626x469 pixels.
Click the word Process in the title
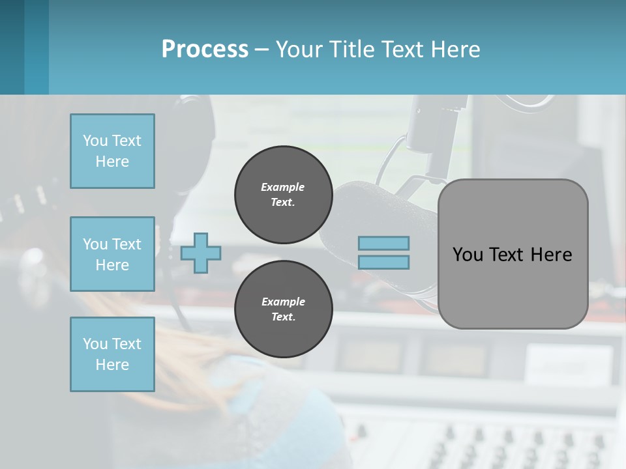coord(205,49)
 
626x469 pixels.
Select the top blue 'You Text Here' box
coord(112,151)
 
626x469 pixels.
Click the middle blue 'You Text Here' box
coord(112,254)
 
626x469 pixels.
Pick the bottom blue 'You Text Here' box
coord(112,354)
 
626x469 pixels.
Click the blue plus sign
coord(201,253)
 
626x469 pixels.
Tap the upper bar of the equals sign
coord(383,243)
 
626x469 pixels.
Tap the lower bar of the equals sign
coord(383,262)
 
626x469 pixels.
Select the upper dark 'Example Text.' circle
coord(283,194)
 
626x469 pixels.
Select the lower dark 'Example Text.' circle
coord(283,309)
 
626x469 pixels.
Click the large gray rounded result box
coord(513,287)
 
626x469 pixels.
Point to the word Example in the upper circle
coord(283,187)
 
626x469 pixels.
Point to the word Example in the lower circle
coord(283,302)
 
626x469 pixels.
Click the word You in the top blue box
coord(94,141)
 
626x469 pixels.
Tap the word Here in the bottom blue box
coord(112,365)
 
